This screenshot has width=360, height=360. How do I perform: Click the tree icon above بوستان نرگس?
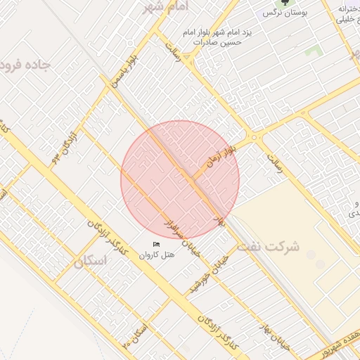coord(285,4)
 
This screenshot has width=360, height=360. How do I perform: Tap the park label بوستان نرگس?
coord(284,13)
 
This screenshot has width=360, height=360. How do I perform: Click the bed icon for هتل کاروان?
coord(156,244)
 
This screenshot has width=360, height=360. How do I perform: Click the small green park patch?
coord(313,51)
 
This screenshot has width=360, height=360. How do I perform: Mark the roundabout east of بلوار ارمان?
coord(253,138)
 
